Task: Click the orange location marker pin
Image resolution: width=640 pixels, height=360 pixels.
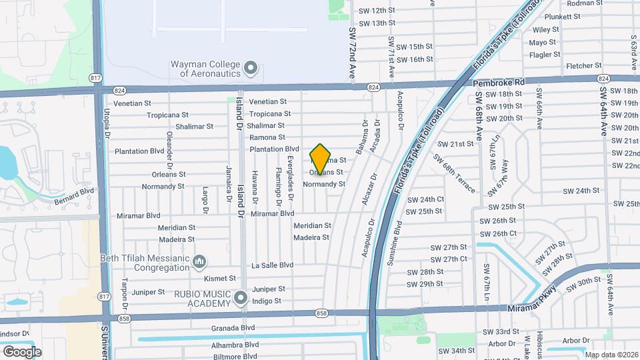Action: click(320, 159)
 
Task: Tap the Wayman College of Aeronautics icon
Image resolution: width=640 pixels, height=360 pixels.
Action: click(251, 67)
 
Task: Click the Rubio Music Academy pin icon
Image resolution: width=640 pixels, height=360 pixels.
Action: click(241, 295)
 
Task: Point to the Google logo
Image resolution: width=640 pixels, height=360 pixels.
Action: click(22, 351)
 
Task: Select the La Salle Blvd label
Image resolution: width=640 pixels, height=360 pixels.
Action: click(272, 265)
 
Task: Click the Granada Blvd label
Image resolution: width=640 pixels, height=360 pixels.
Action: click(234, 328)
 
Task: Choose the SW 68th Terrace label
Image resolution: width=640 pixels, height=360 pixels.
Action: click(454, 173)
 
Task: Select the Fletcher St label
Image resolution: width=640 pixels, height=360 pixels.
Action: click(583, 66)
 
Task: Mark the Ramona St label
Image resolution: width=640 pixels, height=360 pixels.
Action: click(267, 137)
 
